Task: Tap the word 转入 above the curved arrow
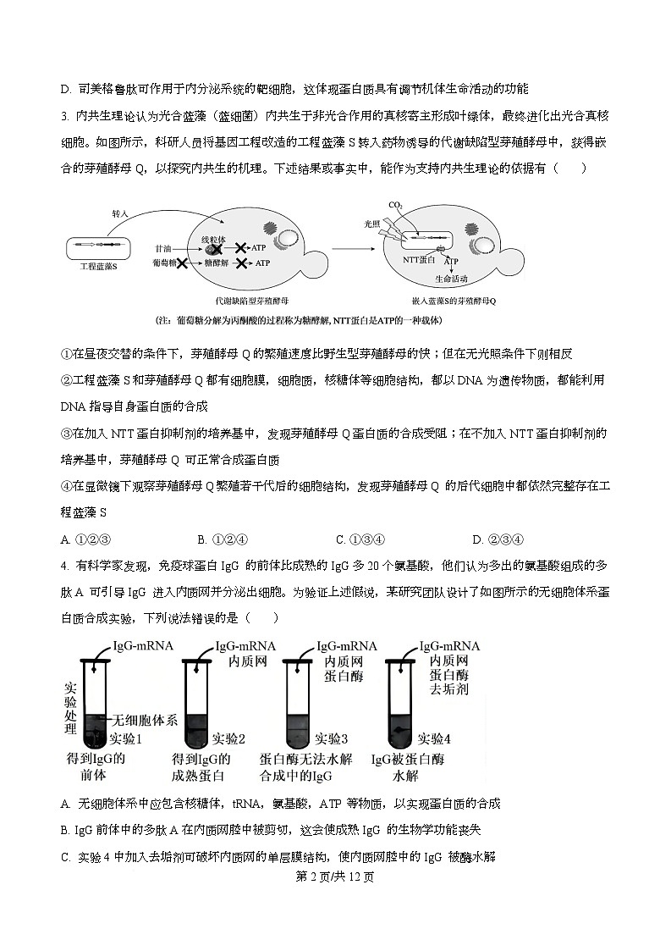120,213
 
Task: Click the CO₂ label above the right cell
395,205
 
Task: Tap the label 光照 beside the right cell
372,224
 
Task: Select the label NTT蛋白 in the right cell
420,260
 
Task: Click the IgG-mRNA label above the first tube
143,646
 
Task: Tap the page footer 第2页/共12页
335,876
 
